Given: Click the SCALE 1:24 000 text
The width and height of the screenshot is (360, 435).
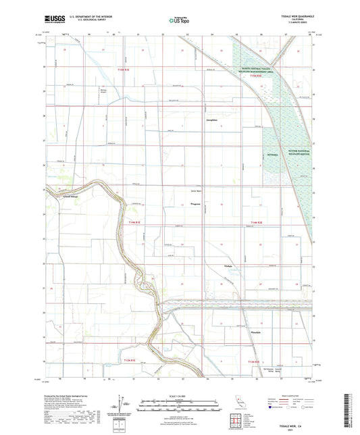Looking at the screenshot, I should click(x=180, y=395).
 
